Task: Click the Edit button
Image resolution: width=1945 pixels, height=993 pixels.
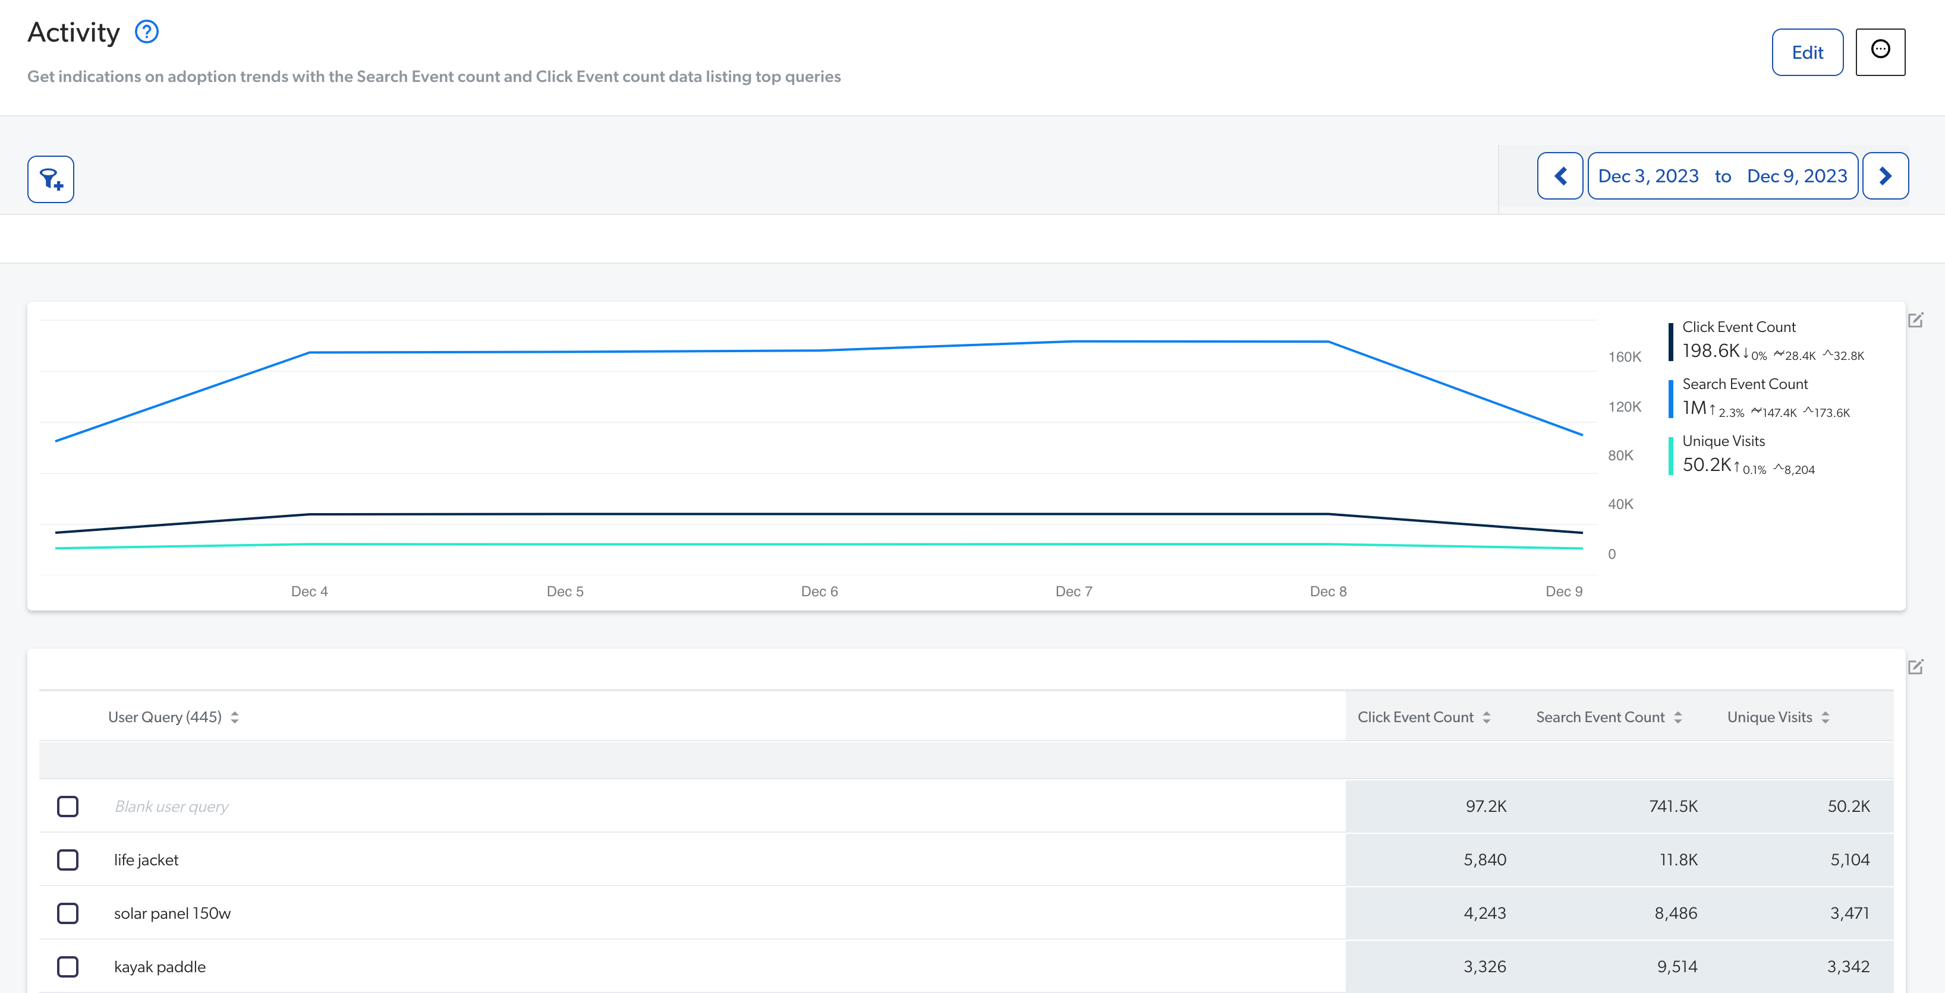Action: click(x=1807, y=53)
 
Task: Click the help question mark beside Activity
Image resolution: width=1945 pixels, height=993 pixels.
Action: click(x=146, y=33)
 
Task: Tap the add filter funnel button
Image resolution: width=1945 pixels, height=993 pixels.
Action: click(x=51, y=179)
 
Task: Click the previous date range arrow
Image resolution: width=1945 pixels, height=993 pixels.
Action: click(x=1560, y=176)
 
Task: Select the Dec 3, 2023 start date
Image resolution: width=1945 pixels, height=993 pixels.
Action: click(x=1648, y=176)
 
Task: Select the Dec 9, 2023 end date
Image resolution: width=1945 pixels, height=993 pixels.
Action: click(x=1796, y=176)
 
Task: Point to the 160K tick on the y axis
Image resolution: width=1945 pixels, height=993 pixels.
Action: click(x=1624, y=357)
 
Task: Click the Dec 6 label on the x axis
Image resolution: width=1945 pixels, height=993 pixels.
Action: click(x=819, y=592)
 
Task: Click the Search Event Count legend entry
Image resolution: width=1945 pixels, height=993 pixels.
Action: click(x=1744, y=384)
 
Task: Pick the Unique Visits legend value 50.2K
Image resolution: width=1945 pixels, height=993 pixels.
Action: click(x=1707, y=465)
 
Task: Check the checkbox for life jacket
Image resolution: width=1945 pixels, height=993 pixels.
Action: click(x=68, y=859)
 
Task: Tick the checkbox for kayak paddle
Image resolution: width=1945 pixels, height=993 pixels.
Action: click(x=68, y=967)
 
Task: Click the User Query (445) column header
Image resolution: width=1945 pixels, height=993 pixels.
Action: click(x=165, y=717)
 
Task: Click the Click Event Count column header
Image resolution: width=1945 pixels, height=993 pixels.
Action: click(x=1415, y=717)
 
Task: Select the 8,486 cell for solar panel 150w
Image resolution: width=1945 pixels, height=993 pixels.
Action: click(x=1676, y=913)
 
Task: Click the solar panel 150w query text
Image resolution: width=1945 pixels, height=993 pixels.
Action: click(x=172, y=913)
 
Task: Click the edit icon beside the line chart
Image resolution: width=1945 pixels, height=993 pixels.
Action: click(x=1915, y=321)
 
